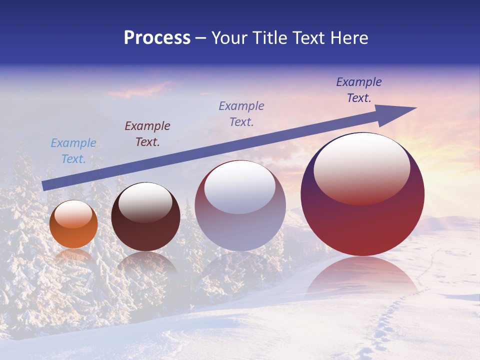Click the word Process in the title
click(157, 38)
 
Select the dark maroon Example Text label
click(147, 133)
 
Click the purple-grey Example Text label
click(241, 113)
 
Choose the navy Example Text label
click(359, 89)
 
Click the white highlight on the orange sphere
click(73, 214)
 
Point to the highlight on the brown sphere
click(145, 202)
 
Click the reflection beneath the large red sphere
click(362, 277)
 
